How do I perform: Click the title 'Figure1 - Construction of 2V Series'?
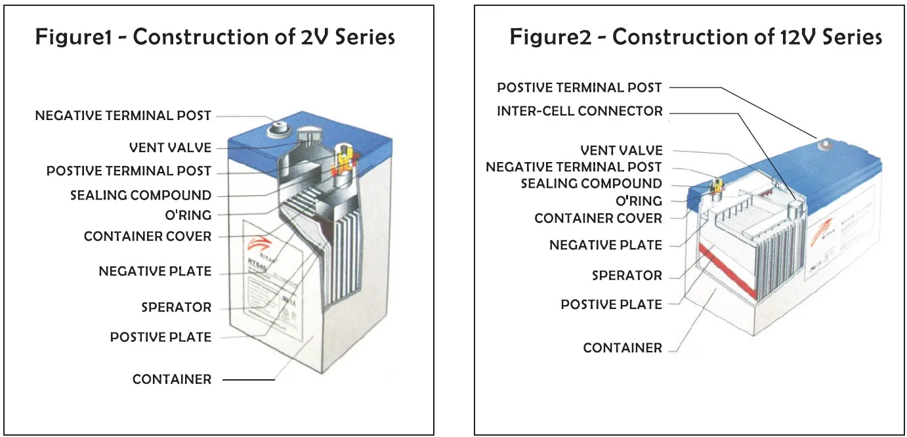click(x=215, y=37)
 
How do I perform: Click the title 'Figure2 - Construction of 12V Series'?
click(x=696, y=37)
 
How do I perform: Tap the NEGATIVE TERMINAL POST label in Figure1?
click(x=123, y=115)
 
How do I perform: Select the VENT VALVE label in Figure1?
click(x=170, y=148)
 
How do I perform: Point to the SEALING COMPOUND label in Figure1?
click(x=140, y=196)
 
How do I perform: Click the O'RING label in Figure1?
click(x=188, y=215)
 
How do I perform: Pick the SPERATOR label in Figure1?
click(x=176, y=307)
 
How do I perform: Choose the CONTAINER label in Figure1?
click(x=172, y=379)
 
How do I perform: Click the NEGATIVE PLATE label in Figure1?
click(x=155, y=271)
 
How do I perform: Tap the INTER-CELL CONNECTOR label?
click(x=580, y=111)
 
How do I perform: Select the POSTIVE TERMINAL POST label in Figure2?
click(x=580, y=87)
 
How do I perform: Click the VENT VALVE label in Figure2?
click(x=621, y=151)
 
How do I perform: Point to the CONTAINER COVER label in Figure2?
click(x=598, y=218)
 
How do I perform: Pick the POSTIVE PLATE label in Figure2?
click(x=611, y=304)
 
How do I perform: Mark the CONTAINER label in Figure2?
click(x=622, y=348)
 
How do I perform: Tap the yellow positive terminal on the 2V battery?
click(x=343, y=157)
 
